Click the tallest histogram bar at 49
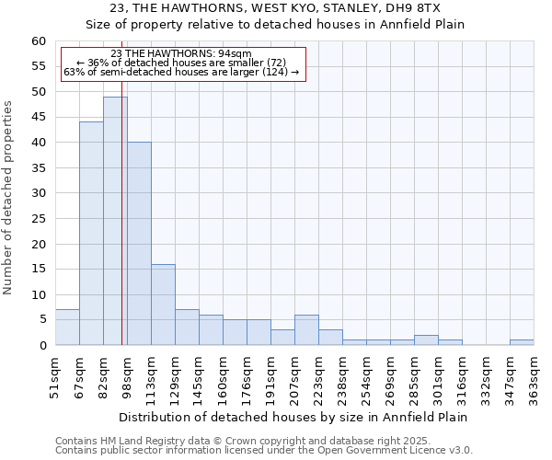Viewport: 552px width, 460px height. (115, 221)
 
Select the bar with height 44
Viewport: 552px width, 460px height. (91, 234)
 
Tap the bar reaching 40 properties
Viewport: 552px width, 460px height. (139, 244)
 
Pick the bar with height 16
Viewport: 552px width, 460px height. (163, 305)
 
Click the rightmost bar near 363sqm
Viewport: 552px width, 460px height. (522, 342)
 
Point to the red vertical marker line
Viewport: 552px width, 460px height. (122, 230)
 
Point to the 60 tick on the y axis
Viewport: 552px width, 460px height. (39, 41)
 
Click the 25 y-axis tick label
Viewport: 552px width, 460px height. (39, 219)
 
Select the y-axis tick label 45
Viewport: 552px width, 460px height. (39, 118)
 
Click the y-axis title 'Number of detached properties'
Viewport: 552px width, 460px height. (9, 198)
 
